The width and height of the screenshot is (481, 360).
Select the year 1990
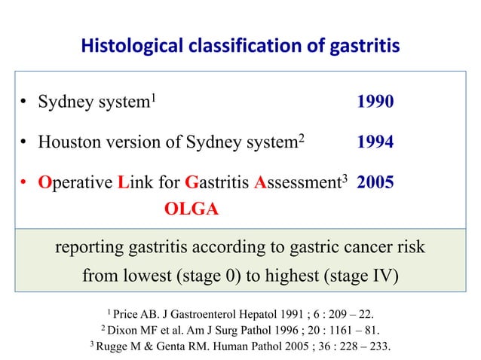(x=375, y=102)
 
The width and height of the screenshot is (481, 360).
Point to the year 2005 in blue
(x=375, y=182)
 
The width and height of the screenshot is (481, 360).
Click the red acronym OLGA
(x=191, y=209)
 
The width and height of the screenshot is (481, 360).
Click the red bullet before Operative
(x=24, y=183)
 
